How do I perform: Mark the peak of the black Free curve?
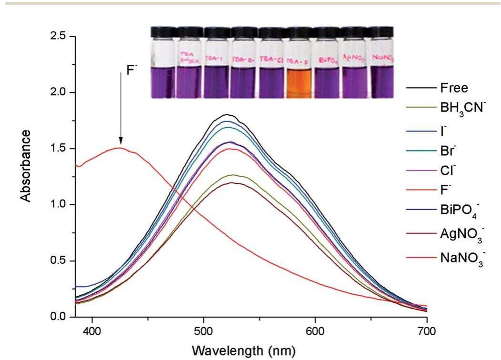pyautogui.click(x=228, y=114)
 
